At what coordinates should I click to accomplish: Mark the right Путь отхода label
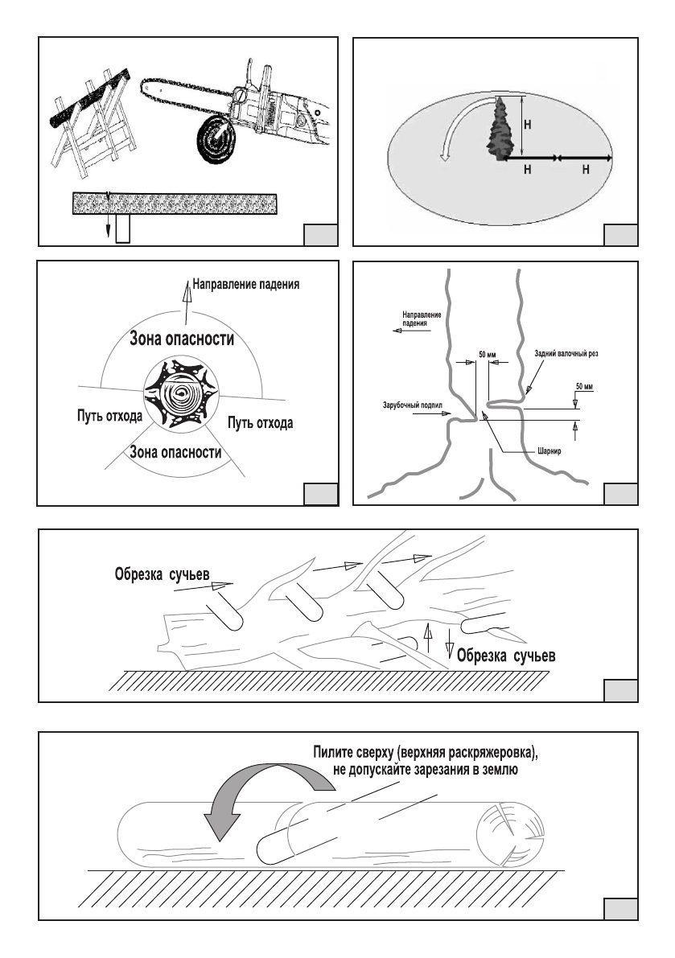pos(261,421)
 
